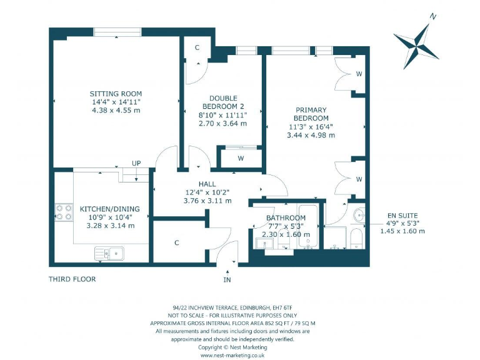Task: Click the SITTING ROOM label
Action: click(x=116, y=94)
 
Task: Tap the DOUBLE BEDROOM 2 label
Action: click(x=223, y=102)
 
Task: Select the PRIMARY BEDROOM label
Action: click(x=311, y=114)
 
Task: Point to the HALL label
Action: click(x=207, y=184)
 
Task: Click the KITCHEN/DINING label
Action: click(x=109, y=209)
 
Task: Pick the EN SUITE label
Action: click(x=402, y=216)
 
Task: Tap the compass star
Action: click(x=416, y=46)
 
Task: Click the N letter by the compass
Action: click(x=432, y=16)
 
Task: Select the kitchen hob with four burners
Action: click(x=64, y=212)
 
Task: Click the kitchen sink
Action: click(x=109, y=254)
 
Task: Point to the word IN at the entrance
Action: click(x=227, y=279)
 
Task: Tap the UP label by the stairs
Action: click(x=136, y=163)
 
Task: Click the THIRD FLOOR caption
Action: click(x=72, y=279)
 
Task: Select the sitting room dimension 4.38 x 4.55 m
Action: click(x=116, y=110)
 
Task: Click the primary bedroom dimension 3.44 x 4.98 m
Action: click(x=311, y=135)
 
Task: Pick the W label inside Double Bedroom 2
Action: click(x=241, y=158)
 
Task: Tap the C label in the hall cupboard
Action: click(x=177, y=242)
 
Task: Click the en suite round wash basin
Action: click(x=359, y=215)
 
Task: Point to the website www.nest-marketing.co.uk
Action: click(x=232, y=356)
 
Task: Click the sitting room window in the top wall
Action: click(x=117, y=32)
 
